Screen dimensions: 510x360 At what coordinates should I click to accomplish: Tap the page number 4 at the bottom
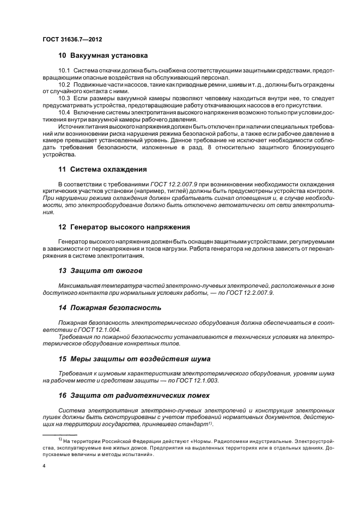pos(44,466)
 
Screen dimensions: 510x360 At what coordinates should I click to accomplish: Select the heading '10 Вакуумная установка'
pos(103,56)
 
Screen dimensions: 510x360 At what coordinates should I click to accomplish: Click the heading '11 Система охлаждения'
pos(102,169)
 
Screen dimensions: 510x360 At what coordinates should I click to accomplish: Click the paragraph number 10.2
pos(64,84)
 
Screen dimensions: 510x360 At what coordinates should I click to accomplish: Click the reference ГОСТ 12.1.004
pos(99,330)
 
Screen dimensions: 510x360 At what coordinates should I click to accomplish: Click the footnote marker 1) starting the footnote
pos(60,439)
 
